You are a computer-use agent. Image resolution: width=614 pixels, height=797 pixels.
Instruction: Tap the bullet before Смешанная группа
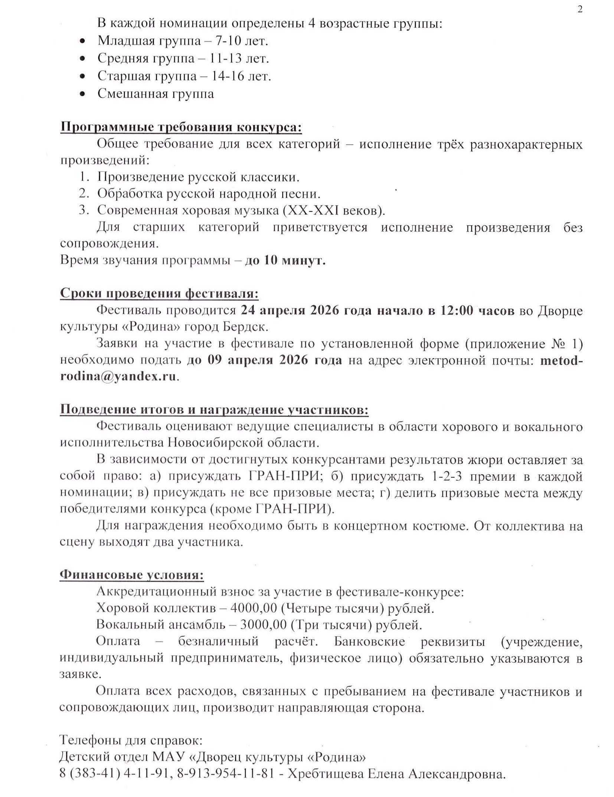pos(83,94)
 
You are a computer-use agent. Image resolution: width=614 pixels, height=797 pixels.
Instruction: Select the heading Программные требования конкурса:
pos(181,127)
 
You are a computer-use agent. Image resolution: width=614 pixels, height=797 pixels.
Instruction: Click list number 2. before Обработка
pos(84,194)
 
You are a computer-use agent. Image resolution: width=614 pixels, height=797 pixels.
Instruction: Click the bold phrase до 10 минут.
pos(285,261)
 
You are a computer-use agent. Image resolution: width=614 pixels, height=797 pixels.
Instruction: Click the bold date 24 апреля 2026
pos(290,310)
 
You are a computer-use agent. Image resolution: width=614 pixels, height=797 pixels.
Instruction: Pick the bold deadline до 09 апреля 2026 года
pos(264,360)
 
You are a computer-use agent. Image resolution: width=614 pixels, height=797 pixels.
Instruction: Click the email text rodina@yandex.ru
pos(118,376)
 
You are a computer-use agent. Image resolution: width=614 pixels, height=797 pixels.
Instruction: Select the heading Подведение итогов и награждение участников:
pos(214,409)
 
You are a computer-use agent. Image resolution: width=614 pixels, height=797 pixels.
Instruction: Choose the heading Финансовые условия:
pos(131,575)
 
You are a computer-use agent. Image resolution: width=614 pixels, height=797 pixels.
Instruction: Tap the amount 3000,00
pos(263,625)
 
